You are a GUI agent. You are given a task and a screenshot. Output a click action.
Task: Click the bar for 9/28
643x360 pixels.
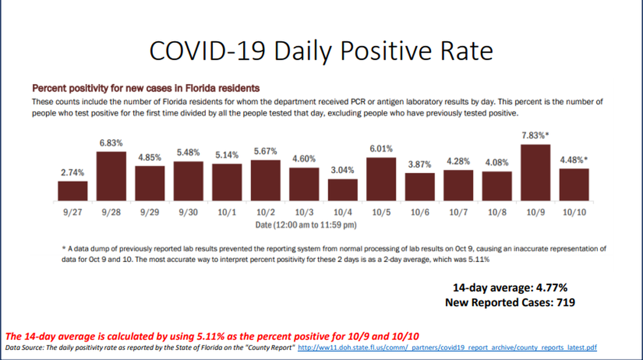point(111,176)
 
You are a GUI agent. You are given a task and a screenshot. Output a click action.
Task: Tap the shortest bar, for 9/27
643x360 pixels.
point(73,191)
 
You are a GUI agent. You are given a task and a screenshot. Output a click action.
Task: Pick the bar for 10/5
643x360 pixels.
point(381,179)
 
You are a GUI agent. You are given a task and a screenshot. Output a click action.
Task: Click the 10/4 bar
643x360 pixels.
point(342,190)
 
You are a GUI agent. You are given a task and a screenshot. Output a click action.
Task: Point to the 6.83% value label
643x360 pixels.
point(111,144)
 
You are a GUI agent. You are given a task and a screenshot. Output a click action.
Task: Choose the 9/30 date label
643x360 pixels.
point(188,213)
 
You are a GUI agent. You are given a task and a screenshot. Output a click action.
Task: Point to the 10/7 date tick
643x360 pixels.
point(458,213)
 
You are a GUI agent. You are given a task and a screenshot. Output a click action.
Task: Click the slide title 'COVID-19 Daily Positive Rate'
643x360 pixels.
point(321,51)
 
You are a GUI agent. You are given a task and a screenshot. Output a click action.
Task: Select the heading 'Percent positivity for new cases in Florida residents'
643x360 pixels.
point(146,89)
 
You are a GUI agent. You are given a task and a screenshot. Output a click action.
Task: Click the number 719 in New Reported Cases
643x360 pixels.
point(564,302)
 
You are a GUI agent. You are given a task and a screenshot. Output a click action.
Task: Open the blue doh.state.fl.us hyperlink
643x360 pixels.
point(447,347)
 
